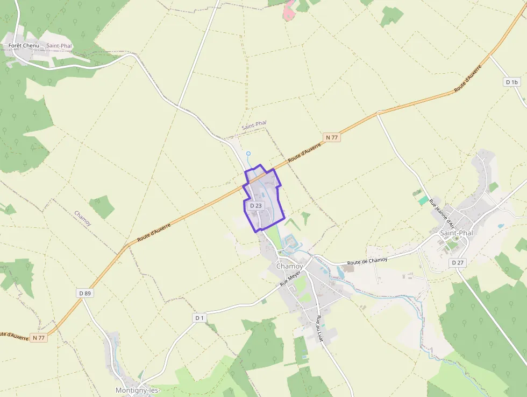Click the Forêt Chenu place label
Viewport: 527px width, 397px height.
[x=24, y=46]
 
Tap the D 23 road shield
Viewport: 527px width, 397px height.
[x=256, y=206]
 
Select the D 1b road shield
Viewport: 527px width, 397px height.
[x=511, y=82]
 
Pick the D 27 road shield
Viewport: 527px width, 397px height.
[x=457, y=262]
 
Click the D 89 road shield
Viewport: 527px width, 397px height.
[x=84, y=293]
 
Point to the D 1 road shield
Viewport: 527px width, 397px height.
[x=200, y=318]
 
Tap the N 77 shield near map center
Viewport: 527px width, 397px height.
[x=332, y=138]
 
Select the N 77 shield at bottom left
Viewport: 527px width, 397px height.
[x=39, y=338]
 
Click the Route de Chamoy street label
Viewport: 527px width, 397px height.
[x=367, y=261]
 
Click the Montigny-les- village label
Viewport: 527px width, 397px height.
[x=138, y=390]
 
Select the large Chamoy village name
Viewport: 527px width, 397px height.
[x=289, y=267]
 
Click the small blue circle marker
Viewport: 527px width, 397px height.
[x=248, y=154]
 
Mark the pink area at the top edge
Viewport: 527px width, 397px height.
[x=289, y=11]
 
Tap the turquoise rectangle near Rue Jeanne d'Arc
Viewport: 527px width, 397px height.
[x=424, y=200]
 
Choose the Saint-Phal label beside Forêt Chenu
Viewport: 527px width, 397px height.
[x=59, y=46]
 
